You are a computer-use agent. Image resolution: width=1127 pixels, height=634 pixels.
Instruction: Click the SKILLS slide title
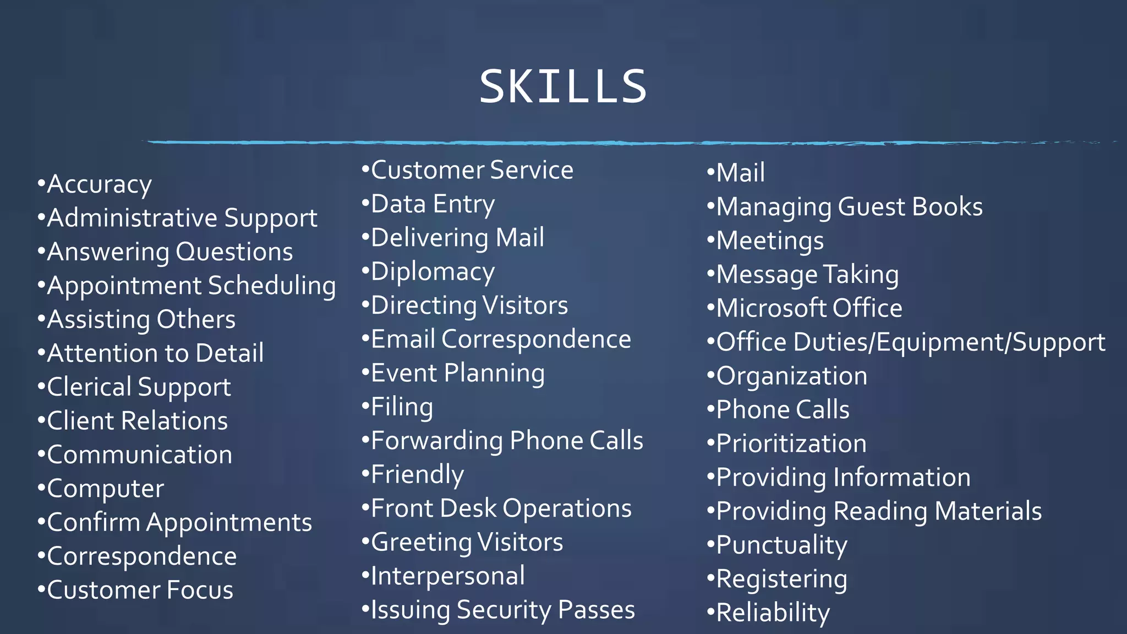pyautogui.click(x=563, y=86)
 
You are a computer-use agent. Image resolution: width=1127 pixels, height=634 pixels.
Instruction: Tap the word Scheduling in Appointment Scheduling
pyautogui.click(x=272, y=286)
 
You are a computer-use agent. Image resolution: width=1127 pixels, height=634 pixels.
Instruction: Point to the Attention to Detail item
pyautogui.click(x=155, y=353)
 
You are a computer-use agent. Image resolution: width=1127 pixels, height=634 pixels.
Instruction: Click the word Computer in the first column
pyautogui.click(x=106, y=489)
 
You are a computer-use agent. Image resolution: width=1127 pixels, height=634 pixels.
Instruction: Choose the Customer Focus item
pyautogui.click(x=140, y=590)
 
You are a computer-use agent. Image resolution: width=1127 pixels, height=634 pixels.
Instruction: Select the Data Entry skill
pyautogui.click(x=433, y=204)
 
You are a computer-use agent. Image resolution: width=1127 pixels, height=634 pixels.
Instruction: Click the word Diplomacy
pyautogui.click(x=433, y=272)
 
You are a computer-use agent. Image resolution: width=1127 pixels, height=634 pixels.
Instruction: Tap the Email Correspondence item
pyautogui.click(x=501, y=340)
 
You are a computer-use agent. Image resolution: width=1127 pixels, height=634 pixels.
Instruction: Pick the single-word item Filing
pyautogui.click(x=402, y=407)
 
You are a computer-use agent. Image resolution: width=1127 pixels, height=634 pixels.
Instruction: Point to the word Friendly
pyautogui.click(x=417, y=474)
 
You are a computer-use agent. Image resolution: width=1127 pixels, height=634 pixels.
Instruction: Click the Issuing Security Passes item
pyautogui.click(x=502, y=610)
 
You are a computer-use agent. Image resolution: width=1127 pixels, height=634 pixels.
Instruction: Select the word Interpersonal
pyautogui.click(x=448, y=576)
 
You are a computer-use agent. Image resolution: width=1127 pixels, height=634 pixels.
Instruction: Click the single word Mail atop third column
pyautogui.click(x=740, y=173)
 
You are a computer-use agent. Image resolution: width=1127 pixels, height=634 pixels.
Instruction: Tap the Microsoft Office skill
pyautogui.click(x=809, y=308)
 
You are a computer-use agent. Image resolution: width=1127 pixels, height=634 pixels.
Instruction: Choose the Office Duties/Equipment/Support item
pyautogui.click(x=910, y=342)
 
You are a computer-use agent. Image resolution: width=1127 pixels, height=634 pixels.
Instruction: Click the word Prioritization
pyautogui.click(x=791, y=444)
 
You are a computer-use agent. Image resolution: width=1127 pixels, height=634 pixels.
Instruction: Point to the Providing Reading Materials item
pyautogui.click(x=879, y=511)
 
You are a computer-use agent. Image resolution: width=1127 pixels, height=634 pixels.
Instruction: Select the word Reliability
pyautogui.click(x=773, y=613)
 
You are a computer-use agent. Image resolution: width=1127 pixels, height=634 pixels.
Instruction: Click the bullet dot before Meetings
pyautogui.click(x=710, y=240)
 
